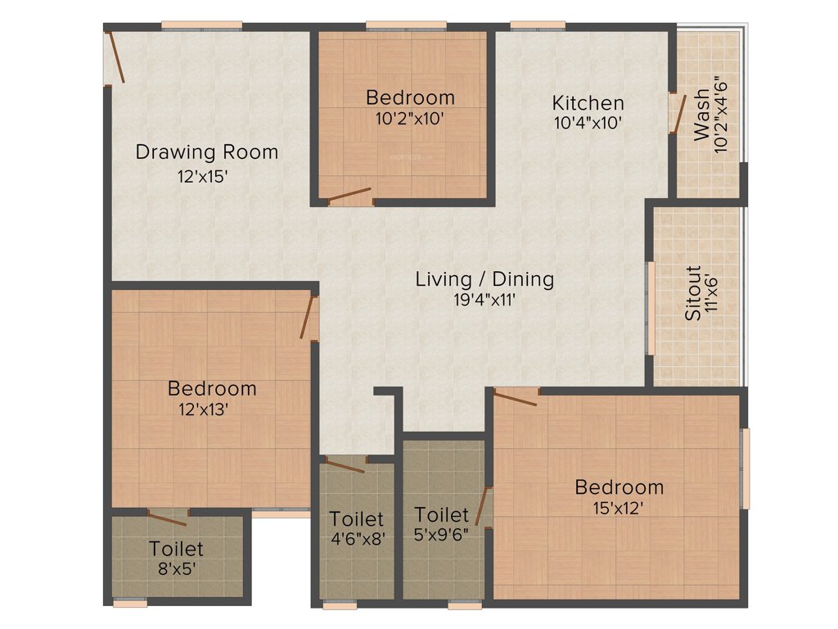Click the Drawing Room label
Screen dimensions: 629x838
tap(206, 152)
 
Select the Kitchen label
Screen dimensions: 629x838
tap(588, 103)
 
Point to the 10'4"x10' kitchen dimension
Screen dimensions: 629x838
tap(588, 124)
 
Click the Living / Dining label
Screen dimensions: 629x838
tap(484, 279)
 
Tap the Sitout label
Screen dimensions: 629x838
tap(692, 292)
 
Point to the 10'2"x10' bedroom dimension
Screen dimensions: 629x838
tap(410, 118)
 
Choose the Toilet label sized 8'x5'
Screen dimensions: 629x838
tap(176, 549)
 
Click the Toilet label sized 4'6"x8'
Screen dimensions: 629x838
tap(356, 519)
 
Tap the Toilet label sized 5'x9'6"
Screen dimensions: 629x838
tap(441, 515)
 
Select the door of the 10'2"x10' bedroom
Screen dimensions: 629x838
tap(349, 196)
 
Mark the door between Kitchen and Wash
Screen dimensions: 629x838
tap(676, 113)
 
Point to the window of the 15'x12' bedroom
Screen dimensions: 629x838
tap(745, 468)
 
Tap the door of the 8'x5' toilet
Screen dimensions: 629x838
tap(168, 518)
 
